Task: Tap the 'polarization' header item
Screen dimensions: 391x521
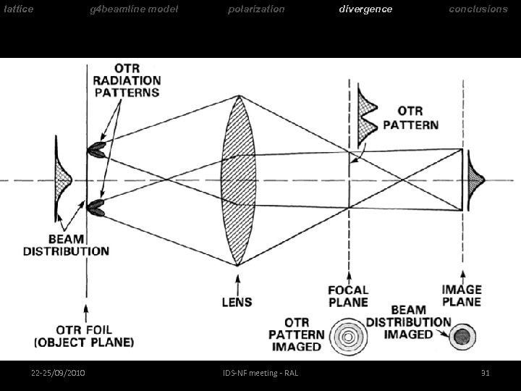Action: [256, 9]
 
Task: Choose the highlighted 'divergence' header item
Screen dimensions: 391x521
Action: [366, 9]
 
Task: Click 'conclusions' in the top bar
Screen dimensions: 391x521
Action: [478, 9]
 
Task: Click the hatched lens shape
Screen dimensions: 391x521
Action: [237, 181]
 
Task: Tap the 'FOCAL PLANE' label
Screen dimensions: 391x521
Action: [348, 296]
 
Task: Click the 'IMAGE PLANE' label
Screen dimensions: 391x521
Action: [462, 295]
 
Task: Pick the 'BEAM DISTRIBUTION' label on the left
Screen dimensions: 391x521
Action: [66, 245]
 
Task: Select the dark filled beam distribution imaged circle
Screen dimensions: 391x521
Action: [460, 335]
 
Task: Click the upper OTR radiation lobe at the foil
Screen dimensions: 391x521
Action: [96, 151]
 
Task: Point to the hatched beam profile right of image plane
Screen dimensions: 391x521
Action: [475, 179]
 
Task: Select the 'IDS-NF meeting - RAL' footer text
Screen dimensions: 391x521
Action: [260, 373]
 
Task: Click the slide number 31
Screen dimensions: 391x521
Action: [486, 373]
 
